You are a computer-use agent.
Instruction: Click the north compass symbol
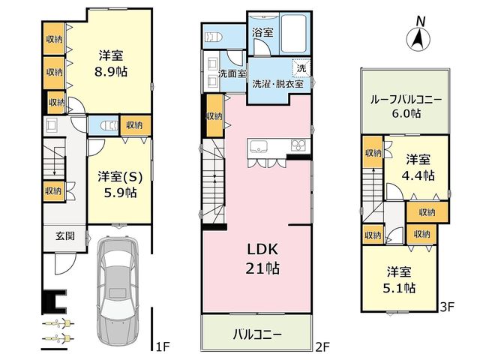point(418,35)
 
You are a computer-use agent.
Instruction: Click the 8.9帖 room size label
point(111,72)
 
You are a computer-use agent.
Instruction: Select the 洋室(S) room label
point(120,178)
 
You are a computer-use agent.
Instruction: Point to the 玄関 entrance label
point(65,236)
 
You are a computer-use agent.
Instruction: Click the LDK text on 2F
point(262,250)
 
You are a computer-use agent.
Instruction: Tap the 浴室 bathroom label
point(262,32)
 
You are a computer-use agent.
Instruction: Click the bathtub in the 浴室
point(293,34)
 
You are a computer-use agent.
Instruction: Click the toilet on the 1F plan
point(109,126)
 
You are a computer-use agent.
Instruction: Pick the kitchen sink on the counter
point(259,147)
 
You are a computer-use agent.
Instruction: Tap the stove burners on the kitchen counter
point(298,145)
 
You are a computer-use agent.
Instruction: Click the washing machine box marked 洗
point(301,68)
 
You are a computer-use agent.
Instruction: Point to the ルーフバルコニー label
point(406,100)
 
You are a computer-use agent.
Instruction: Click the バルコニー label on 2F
point(257,334)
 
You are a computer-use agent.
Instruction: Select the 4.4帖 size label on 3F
point(418,175)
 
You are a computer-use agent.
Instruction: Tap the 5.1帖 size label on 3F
point(399,288)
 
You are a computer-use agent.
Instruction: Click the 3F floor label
point(447,307)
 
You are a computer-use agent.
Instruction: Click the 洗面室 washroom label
point(232,73)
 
